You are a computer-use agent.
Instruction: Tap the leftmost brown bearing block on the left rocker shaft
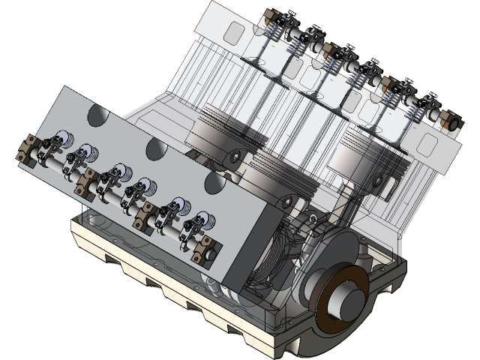pyautogui.click(x=28, y=147)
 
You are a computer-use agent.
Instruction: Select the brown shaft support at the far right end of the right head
pyautogui.click(x=449, y=120)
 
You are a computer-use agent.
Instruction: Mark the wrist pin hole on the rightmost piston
pyautogui.click(x=388, y=181)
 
